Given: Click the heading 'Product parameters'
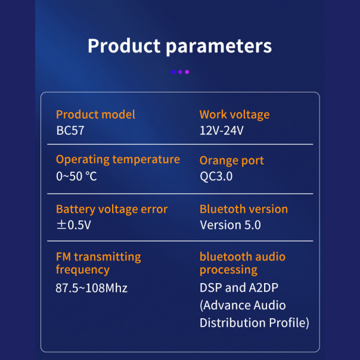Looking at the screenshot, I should pos(179,46).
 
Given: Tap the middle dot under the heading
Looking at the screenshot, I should pos(180,72).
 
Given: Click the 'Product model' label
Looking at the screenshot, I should pos(95,114).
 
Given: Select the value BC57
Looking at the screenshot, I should pos(70,131).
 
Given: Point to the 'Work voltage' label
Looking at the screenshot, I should pos(234,114).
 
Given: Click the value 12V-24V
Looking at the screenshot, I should pos(221,131).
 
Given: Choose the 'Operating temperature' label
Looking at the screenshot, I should pos(117,159).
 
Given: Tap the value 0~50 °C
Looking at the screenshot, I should pos(76,176).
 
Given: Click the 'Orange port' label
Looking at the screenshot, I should pos(231,160).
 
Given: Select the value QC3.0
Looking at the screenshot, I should pos(216,176).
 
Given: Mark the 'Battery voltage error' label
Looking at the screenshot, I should pos(111,209).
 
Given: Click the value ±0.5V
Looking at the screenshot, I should pos(73,225).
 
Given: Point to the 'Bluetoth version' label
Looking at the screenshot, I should pos(243,209).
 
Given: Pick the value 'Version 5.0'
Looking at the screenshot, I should pos(230,225).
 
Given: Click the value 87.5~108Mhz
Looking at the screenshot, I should pos(92,288).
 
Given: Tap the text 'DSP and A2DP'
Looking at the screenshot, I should pos(239,288).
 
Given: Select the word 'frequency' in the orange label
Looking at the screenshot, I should pos(82,270).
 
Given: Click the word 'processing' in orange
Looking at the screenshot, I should pos(228,270).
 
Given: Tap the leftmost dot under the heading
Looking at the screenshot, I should pos(173,72).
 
